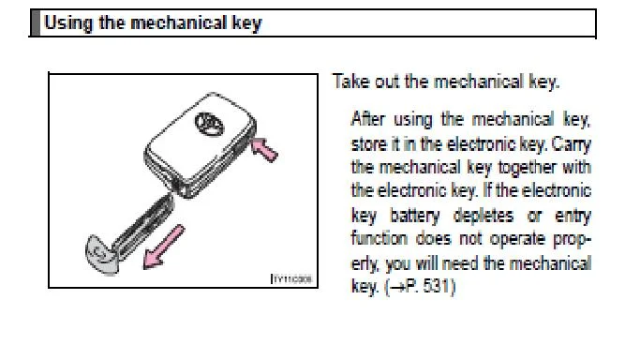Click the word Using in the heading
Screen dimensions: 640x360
point(68,23)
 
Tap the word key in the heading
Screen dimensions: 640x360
point(247,23)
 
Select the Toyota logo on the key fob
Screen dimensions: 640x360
point(209,123)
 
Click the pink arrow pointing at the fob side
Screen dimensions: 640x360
point(264,149)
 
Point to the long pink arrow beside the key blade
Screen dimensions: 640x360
point(164,247)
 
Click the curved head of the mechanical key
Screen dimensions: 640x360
point(101,254)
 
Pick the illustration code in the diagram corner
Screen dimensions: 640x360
point(292,279)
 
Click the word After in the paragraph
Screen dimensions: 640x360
point(367,119)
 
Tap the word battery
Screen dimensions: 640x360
point(415,216)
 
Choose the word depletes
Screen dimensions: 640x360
point(484,216)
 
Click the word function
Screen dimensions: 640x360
point(379,238)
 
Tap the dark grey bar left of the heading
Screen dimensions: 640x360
point(36,23)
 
